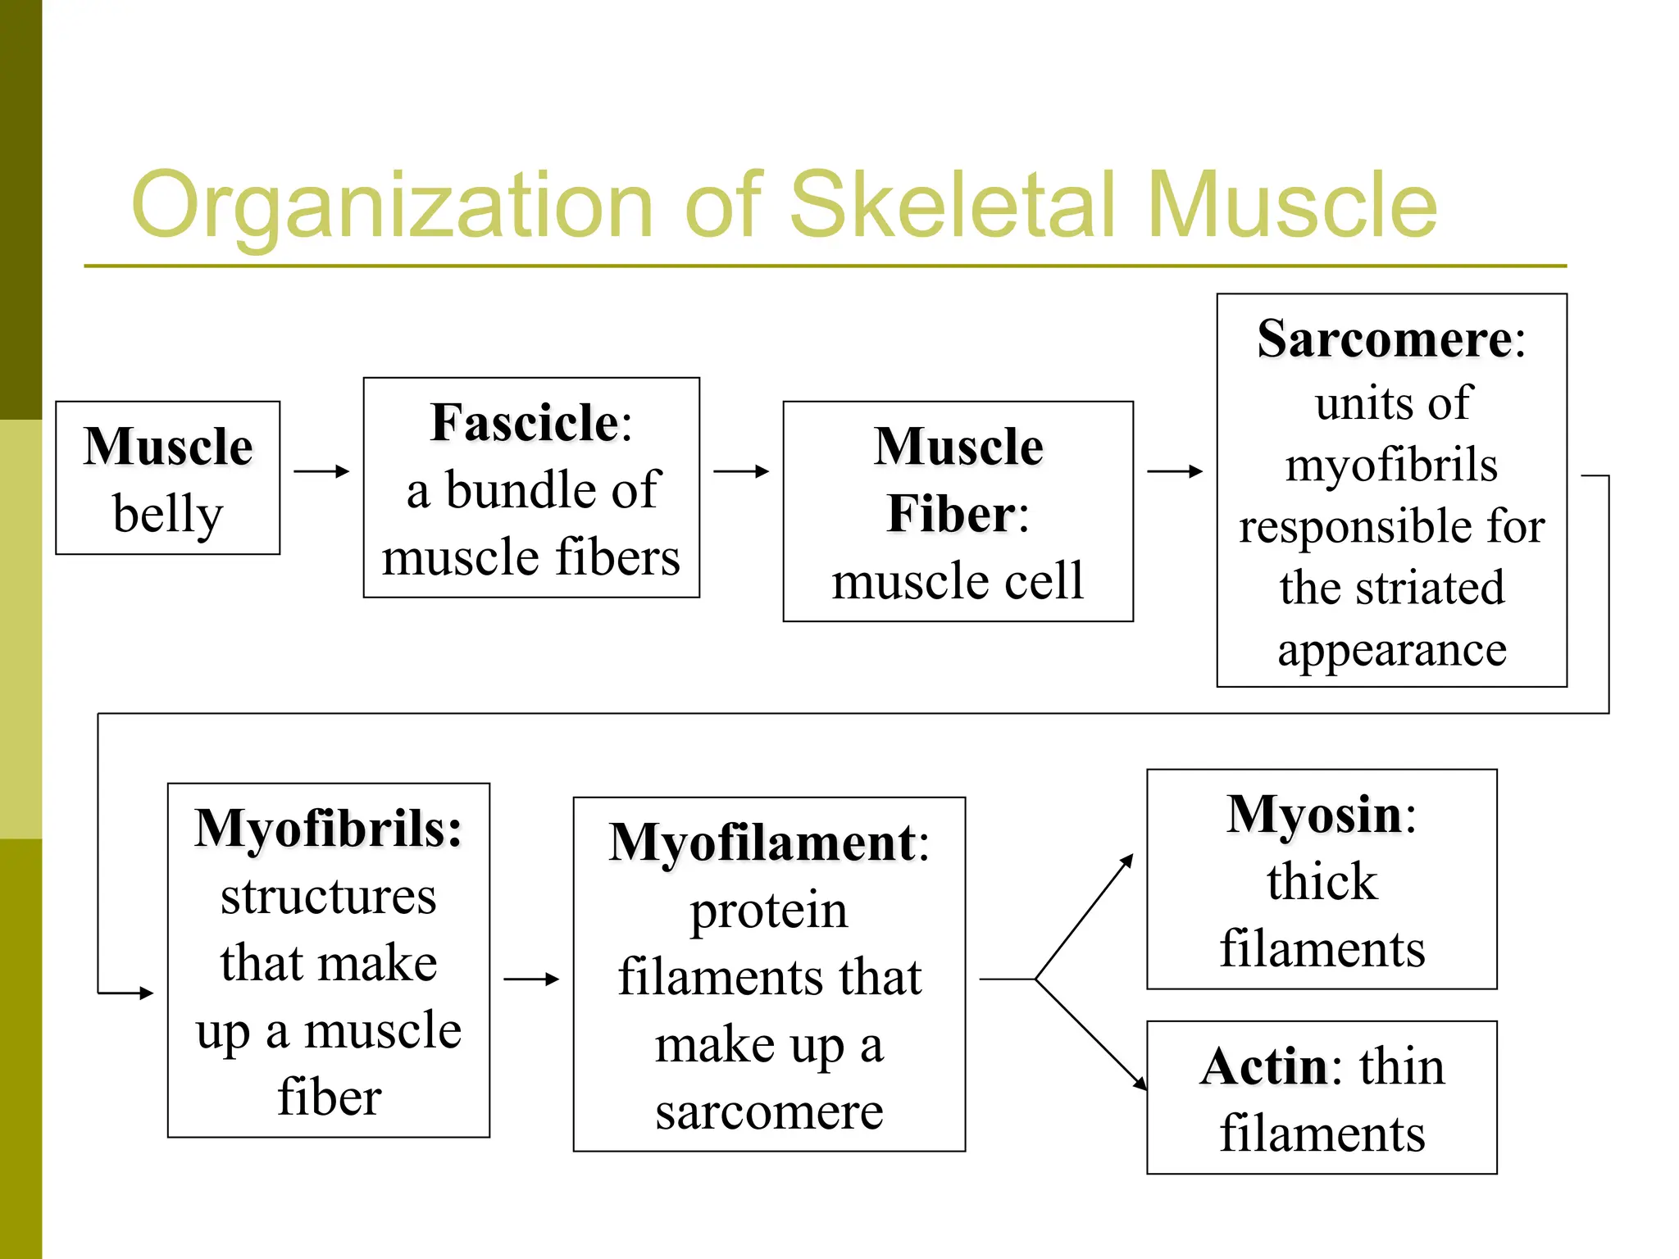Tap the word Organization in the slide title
(x=392, y=205)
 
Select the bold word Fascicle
(x=525, y=424)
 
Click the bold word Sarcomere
(x=1385, y=339)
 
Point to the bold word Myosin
(x=1314, y=816)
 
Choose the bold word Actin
(x=1263, y=1068)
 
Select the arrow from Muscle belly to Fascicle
(x=321, y=471)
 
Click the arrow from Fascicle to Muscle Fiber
(x=741, y=471)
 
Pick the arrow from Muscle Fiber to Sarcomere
(x=1175, y=471)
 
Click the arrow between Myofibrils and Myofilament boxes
(x=531, y=979)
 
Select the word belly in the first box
(x=168, y=515)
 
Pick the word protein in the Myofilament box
(x=769, y=911)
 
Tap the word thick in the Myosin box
(x=1322, y=883)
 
